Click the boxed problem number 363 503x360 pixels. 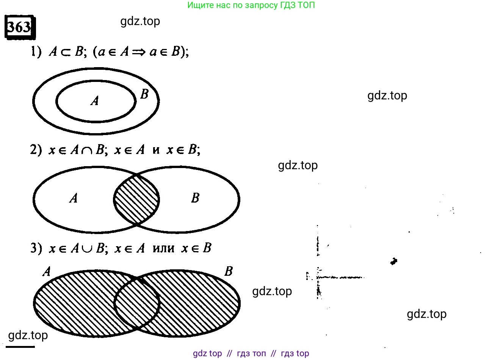click(x=20, y=27)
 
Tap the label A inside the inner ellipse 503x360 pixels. click(x=95, y=101)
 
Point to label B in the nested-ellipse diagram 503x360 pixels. click(x=144, y=94)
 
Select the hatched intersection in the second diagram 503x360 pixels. click(x=136, y=199)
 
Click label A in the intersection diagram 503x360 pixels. click(x=74, y=198)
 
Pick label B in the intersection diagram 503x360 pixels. click(x=195, y=198)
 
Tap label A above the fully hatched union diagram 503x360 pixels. click(x=47, y=272)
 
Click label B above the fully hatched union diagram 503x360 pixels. click(x=229, y=271)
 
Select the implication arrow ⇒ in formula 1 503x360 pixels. click(x=139, y=53)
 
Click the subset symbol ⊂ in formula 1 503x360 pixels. click(x=66, y=53)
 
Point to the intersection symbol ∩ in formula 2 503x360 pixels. click(x=87, y=151)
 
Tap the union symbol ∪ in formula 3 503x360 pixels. click(x=87, y=249)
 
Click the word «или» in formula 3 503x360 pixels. click(x=163, y=249)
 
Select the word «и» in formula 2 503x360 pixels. click(x=156, y=150)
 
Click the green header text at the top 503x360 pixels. click(x=251, y=5)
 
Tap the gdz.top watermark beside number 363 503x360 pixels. click(x=140, y=22)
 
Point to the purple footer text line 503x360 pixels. click(x=251, y=354)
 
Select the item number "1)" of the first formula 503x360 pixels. click(x=36, y=52)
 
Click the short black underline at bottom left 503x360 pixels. click(x=20, y=347)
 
